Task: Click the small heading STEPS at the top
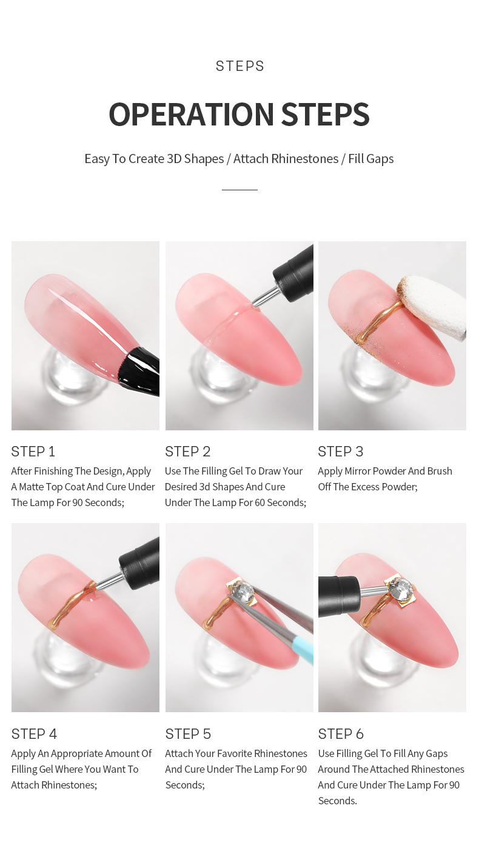coord(240,66)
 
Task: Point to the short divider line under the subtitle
coord(239,190)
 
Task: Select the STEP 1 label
coord(33,452)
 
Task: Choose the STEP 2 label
coord(188,452)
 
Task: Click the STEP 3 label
coord(341,452)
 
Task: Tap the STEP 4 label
coord(34,734)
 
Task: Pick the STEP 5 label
coord(188,734)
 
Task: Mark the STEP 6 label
coord(341,734)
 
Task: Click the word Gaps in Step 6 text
coord(437,753)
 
